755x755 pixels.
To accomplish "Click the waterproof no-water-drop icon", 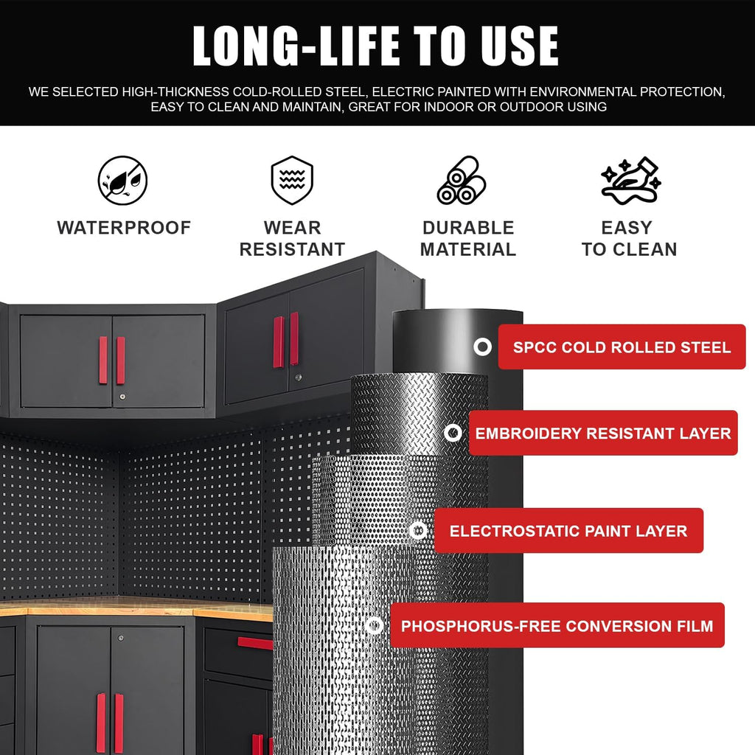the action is (x=123, y=181).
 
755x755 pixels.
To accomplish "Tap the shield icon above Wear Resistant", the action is (x=292, y=180).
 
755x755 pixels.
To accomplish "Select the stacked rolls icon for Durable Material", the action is (x=462, y=180).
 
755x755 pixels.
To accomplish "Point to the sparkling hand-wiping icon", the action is (x=631, y=180).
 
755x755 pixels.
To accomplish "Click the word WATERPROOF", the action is (x=124, y=228).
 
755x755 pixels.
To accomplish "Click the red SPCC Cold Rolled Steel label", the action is (x=622, y=347).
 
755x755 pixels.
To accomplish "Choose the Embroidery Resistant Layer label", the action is (x=603, y=433).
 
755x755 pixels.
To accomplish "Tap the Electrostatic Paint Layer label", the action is (x=568, y=531).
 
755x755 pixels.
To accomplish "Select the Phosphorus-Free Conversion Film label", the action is (x=557, y=625).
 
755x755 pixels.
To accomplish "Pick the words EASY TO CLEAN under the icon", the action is (x=630, y=238).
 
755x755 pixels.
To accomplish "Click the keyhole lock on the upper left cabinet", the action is (x=122, y=397).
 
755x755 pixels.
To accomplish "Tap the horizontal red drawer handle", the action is (x=255, y=643).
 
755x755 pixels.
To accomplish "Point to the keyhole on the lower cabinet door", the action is (x=121, y=638).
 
